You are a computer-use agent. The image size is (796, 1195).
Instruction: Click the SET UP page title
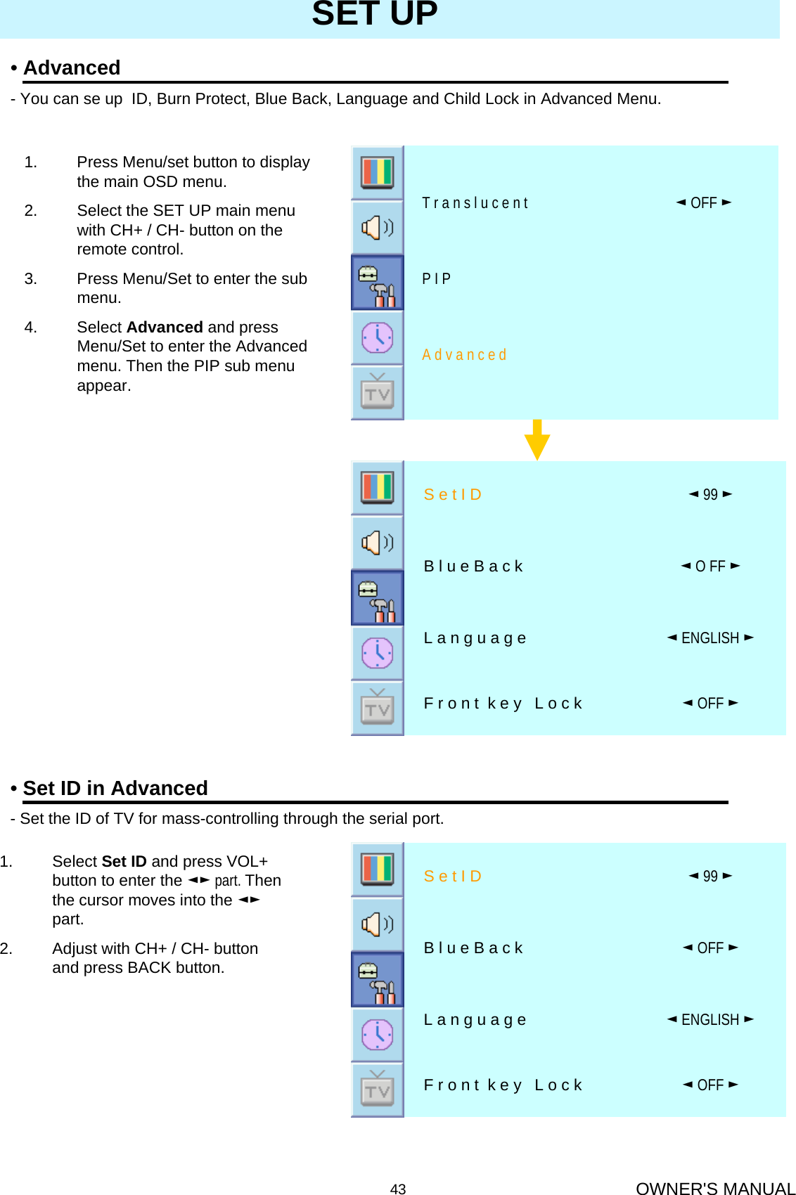[375, 14]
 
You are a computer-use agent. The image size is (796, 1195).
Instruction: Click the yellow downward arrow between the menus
[537, 440]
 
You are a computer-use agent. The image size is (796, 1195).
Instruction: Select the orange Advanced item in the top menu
[464, 355]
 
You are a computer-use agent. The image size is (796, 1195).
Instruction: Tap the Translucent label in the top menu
[475, 203]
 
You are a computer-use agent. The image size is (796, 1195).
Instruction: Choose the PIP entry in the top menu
[436, 279]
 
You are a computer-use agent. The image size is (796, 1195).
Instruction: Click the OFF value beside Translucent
[703, 203]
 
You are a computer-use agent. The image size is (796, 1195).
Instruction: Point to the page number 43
[398, 1189]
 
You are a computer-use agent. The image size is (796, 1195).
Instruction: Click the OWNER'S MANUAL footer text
[714, 1189]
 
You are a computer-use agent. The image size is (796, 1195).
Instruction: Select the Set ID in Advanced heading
[115, 788]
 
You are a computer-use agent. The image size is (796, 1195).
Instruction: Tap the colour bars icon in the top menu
[378, 172]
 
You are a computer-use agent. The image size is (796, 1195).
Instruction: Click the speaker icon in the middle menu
[378, 543]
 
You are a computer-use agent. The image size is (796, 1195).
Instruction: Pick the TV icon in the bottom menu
[378, 1090]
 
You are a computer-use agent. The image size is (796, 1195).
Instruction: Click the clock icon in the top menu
[378, 338]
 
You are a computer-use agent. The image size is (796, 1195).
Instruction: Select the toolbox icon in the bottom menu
[378, 980]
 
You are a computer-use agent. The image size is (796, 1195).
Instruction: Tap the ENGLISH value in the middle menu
[710, 638]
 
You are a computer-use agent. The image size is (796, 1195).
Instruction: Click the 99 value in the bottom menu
[710, 877]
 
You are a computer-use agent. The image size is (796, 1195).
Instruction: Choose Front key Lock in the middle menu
[503, 704]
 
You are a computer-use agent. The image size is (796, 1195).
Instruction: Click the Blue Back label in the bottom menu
[473, 948]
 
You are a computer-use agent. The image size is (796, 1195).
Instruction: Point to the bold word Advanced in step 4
[165, 328]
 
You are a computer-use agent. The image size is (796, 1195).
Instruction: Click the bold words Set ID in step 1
[124, 862]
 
